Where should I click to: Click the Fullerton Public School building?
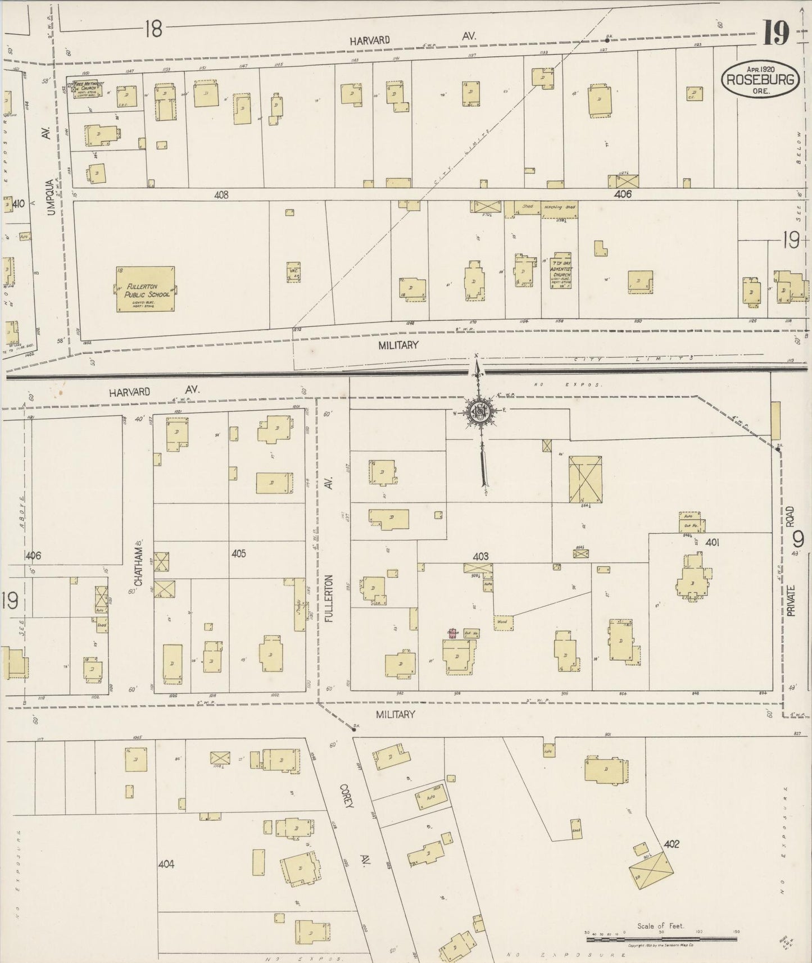pos(146,289)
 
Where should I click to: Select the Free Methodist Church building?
pos(88,89)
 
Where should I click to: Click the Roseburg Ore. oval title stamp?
pos(762,79)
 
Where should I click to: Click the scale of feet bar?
pos(661,939)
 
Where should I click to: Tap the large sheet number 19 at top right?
pos(776,32)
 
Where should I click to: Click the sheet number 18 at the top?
pos(152,29)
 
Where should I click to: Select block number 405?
pos(239,554)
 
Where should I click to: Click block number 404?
pos(166,864)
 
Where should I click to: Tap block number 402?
pos(671,844)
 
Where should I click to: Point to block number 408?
pos(221,195)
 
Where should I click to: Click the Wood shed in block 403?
pos(502,622)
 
